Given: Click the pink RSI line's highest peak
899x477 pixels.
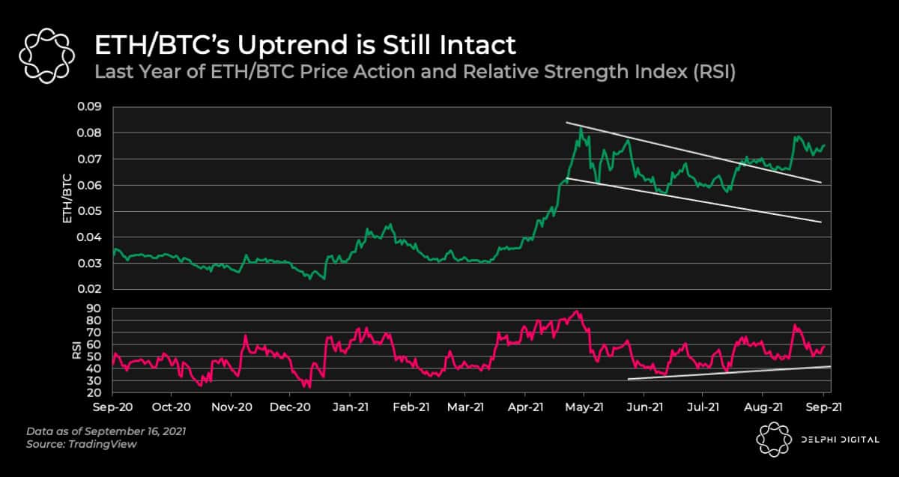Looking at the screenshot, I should tap(575, 311).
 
